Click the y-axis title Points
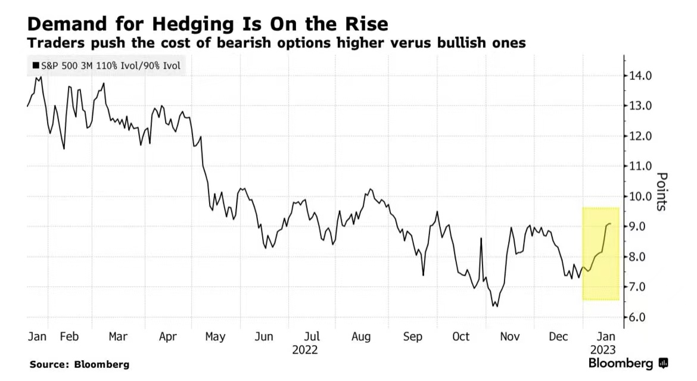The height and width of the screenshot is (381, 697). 662,191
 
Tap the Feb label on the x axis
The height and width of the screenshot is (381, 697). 69,336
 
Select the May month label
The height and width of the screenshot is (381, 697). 214,336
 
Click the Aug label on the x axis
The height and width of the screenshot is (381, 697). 361,336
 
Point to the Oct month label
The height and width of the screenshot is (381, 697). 460,336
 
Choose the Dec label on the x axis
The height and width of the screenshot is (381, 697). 559,336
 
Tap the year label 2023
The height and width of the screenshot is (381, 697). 602,349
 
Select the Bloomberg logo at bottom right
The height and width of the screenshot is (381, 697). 628,363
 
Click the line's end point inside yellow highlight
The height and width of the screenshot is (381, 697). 610,224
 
